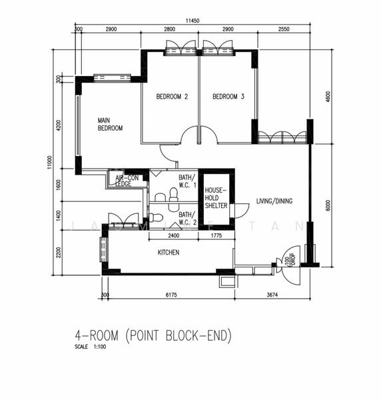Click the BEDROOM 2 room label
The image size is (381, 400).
[172, 97]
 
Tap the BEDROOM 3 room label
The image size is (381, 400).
[228, 97]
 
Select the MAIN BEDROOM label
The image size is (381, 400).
[111, 124]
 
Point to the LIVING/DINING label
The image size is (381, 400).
[274, 201]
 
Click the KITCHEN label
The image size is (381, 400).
[169, 253]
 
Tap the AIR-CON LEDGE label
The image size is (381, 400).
[127, 181]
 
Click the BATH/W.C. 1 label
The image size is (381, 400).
[187, 181]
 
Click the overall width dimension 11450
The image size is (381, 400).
[192, 21]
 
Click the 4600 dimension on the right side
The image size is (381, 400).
[328, 97]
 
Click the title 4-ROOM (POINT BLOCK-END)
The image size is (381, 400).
[153, 336]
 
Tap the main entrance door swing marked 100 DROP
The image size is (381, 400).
[290, 257]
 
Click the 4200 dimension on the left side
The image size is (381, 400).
[59, 125]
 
